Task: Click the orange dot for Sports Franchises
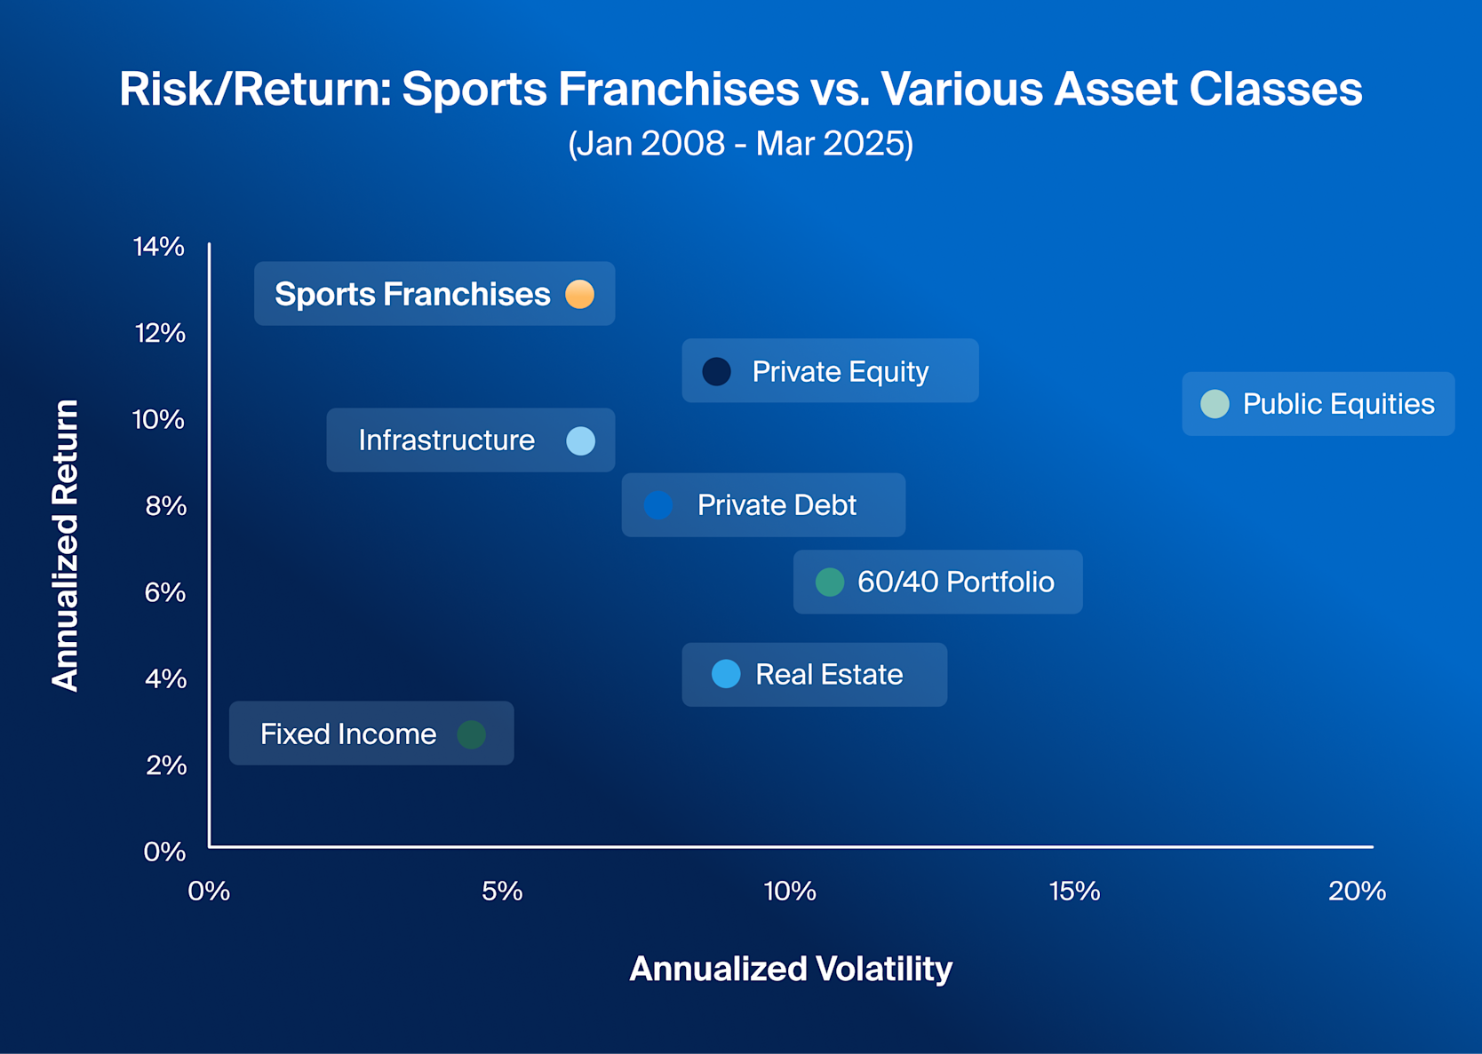click(580, 294)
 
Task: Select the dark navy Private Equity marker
click(717, 371)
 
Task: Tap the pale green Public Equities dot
click(1215, 404)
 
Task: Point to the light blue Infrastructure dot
click(581, 440)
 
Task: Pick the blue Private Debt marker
click(658, 505)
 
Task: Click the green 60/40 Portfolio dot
click(830, 582)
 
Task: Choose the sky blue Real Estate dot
click(726, 675)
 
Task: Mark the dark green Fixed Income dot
click(472, 734)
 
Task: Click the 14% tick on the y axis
click(159, 247)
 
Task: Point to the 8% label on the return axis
click(165, 506)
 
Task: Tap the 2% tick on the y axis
click(165, 765)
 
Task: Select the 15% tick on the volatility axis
click(1074, 892)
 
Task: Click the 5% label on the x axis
click(502, 892)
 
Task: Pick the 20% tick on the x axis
click(1357, 892)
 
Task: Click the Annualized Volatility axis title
click(791, 969)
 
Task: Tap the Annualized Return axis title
click(66, 545)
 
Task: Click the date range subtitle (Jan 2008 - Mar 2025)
click(740, 143)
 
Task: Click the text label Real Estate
click(829, 675)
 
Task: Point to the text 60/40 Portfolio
click(955, 582)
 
